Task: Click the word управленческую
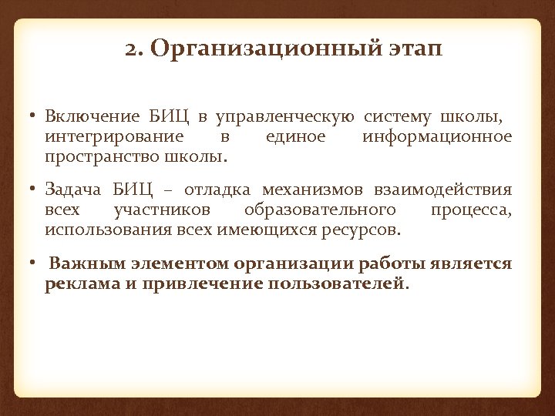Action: pyautogui.click(x=285, y=117)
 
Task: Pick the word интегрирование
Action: pyautogui.click(x=114, y=137)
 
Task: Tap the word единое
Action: pyautogui.click(x=295, y=137)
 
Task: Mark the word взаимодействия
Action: pyautogui.click(x=442, y=190)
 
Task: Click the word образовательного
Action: pyautogui.click(x=320, y=210)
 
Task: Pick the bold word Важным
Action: pyautogui.click(x=86, y=263)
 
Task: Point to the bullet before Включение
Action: pyautogui.click(x=35, y=117)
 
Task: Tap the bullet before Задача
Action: pyautogui.click(x=35, y=190)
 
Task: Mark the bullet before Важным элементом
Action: pyautogui.click(x=35, y=263)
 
